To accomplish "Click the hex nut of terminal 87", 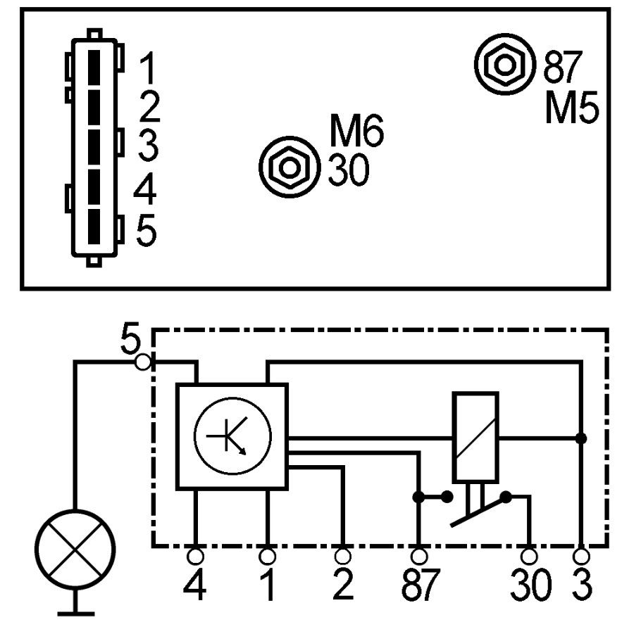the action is click(505, 64).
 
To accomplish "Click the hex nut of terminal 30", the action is click(290, 167).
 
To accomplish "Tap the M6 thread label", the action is click(356, 130).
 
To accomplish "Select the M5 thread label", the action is click(572, 108).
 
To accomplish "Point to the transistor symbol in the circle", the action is click(232, 436).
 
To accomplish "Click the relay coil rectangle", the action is click(475, 437).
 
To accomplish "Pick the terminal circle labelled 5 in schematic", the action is click(143, 362).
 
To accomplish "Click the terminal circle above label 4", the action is click(195, 556).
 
